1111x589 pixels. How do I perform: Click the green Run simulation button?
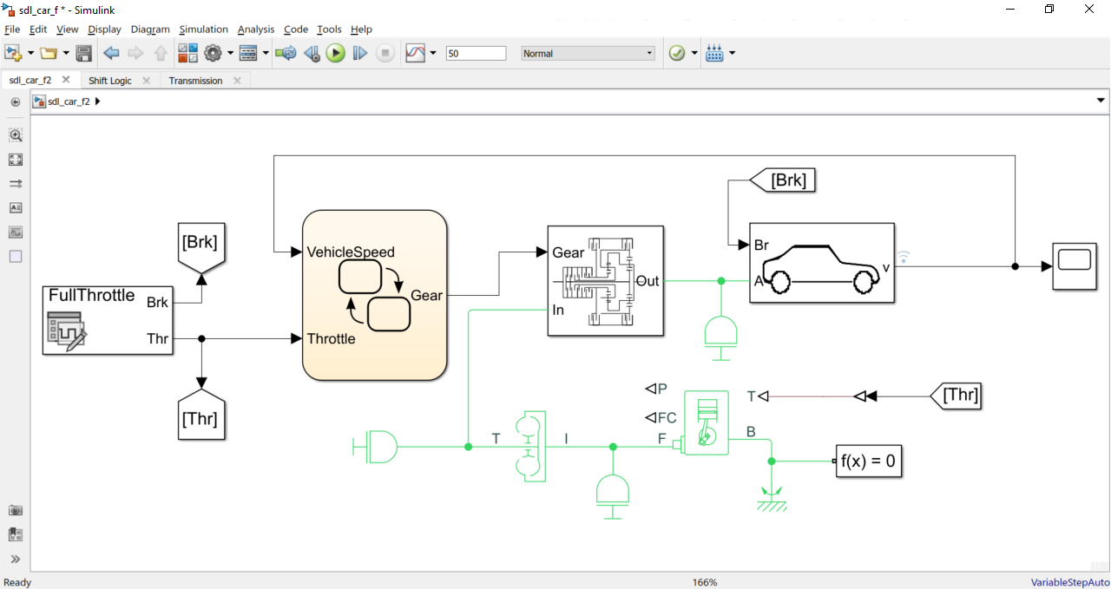tap(336, 54)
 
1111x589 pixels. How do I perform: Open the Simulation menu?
tap(203, 29)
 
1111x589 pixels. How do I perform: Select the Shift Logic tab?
tap(110, 81)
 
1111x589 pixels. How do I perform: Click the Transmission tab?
tap(195, 81)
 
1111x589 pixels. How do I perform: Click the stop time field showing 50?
tap(476, 54)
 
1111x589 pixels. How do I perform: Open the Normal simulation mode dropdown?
tap(588, 54)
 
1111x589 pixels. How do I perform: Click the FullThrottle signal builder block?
tap(108, 320)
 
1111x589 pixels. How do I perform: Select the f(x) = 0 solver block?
tap(868, 461)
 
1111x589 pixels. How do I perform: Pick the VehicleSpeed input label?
tap(351, 252)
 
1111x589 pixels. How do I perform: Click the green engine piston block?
tap(706, 422)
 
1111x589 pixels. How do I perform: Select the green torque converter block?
tap(529, 446)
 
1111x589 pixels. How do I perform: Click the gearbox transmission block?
tap(605, 280)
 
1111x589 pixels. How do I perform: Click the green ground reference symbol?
tap(771, 498)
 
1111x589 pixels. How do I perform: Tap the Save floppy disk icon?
tap(84, 54)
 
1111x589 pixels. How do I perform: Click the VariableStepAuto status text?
tap(1069, 582)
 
